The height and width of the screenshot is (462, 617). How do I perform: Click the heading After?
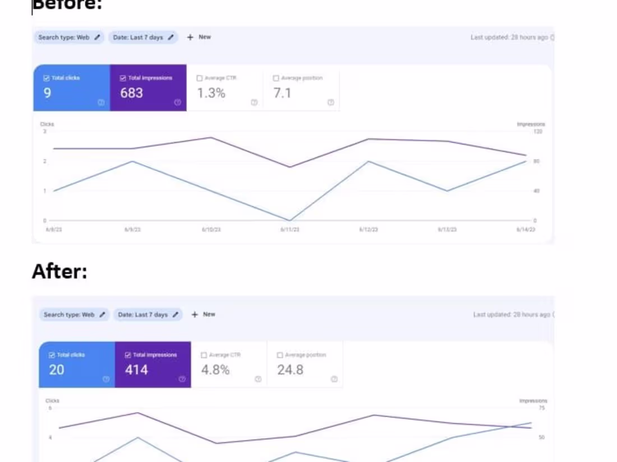tap(59, 271)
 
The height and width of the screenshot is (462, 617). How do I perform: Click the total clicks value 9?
tap(47, 93)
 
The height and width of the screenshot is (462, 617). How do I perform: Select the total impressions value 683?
tap(131, 93)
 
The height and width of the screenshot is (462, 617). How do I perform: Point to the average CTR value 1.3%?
tap(211, 93)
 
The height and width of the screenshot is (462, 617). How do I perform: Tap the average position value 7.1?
tap(282, 93)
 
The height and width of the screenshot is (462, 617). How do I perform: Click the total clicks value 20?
tap(56, 370)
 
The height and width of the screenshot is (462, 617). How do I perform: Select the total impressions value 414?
tap(136, 370)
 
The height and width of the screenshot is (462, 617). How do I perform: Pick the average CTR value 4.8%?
tap(215, 370)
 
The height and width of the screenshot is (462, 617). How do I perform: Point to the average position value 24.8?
tap(290, 370)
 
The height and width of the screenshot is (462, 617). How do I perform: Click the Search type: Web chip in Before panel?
tap(68, 38)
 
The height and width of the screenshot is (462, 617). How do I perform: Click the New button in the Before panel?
tap(199, 37)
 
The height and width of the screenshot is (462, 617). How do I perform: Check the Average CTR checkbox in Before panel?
tap(200, 78)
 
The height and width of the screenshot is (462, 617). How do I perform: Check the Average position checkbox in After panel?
tap(280, 355)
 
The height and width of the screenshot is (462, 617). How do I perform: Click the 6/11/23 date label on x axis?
tap(290, 230)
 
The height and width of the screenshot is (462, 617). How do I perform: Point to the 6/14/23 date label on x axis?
tap(526, 230)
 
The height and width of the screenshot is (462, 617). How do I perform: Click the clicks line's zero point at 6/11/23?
tap(290, 220)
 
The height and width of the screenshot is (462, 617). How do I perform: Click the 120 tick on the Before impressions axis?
tap(538, 132)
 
